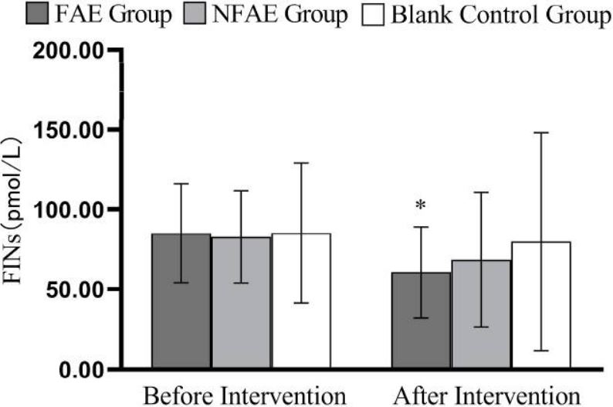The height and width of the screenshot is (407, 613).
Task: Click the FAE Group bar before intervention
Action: click(x=181, y=301)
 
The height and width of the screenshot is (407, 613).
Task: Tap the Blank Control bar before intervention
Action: click(x=301, y=301)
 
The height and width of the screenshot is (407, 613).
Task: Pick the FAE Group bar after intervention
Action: click(x=421, y=321)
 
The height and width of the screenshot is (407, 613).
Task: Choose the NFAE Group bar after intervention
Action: click(x=481, y=315)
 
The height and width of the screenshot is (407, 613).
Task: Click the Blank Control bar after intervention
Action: click(x=541, y=306)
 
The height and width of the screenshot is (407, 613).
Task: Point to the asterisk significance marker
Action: click(x=421, y=205)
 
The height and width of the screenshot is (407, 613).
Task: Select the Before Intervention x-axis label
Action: click(x=246, y=395)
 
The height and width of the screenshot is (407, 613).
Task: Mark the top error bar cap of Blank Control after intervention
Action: click(x=541, y=133)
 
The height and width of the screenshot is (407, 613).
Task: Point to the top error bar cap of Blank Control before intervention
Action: click(x=301, y=163)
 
